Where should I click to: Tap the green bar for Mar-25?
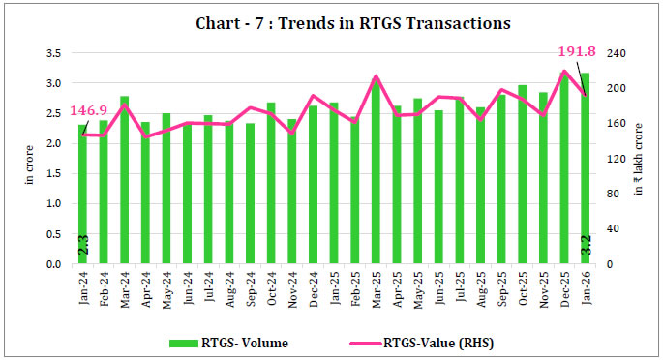(376, 174)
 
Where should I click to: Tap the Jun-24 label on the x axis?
(188, 287)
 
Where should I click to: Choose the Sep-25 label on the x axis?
(502, 287)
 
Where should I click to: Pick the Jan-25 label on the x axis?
(334, 287)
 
